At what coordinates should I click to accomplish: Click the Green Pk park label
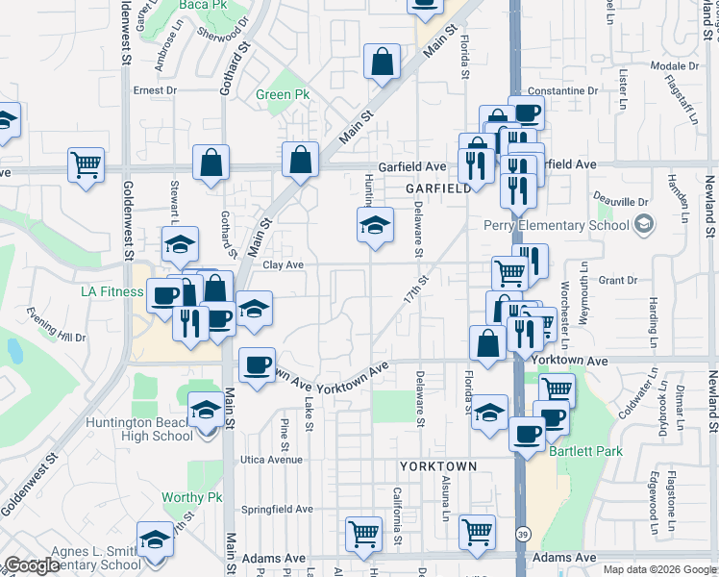pos(283,95)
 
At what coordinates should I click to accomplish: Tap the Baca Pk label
pos(198,5)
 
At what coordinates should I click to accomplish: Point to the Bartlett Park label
pos(586,451)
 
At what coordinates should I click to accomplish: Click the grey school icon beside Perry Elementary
pos(644,226)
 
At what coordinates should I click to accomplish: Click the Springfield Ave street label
pos(278,509)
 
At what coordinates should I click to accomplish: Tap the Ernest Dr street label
pos(156,90)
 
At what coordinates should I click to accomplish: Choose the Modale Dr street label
pos(673,65)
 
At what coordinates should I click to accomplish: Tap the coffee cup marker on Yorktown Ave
pos(257,366)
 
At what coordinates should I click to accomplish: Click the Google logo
pos(32,565)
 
